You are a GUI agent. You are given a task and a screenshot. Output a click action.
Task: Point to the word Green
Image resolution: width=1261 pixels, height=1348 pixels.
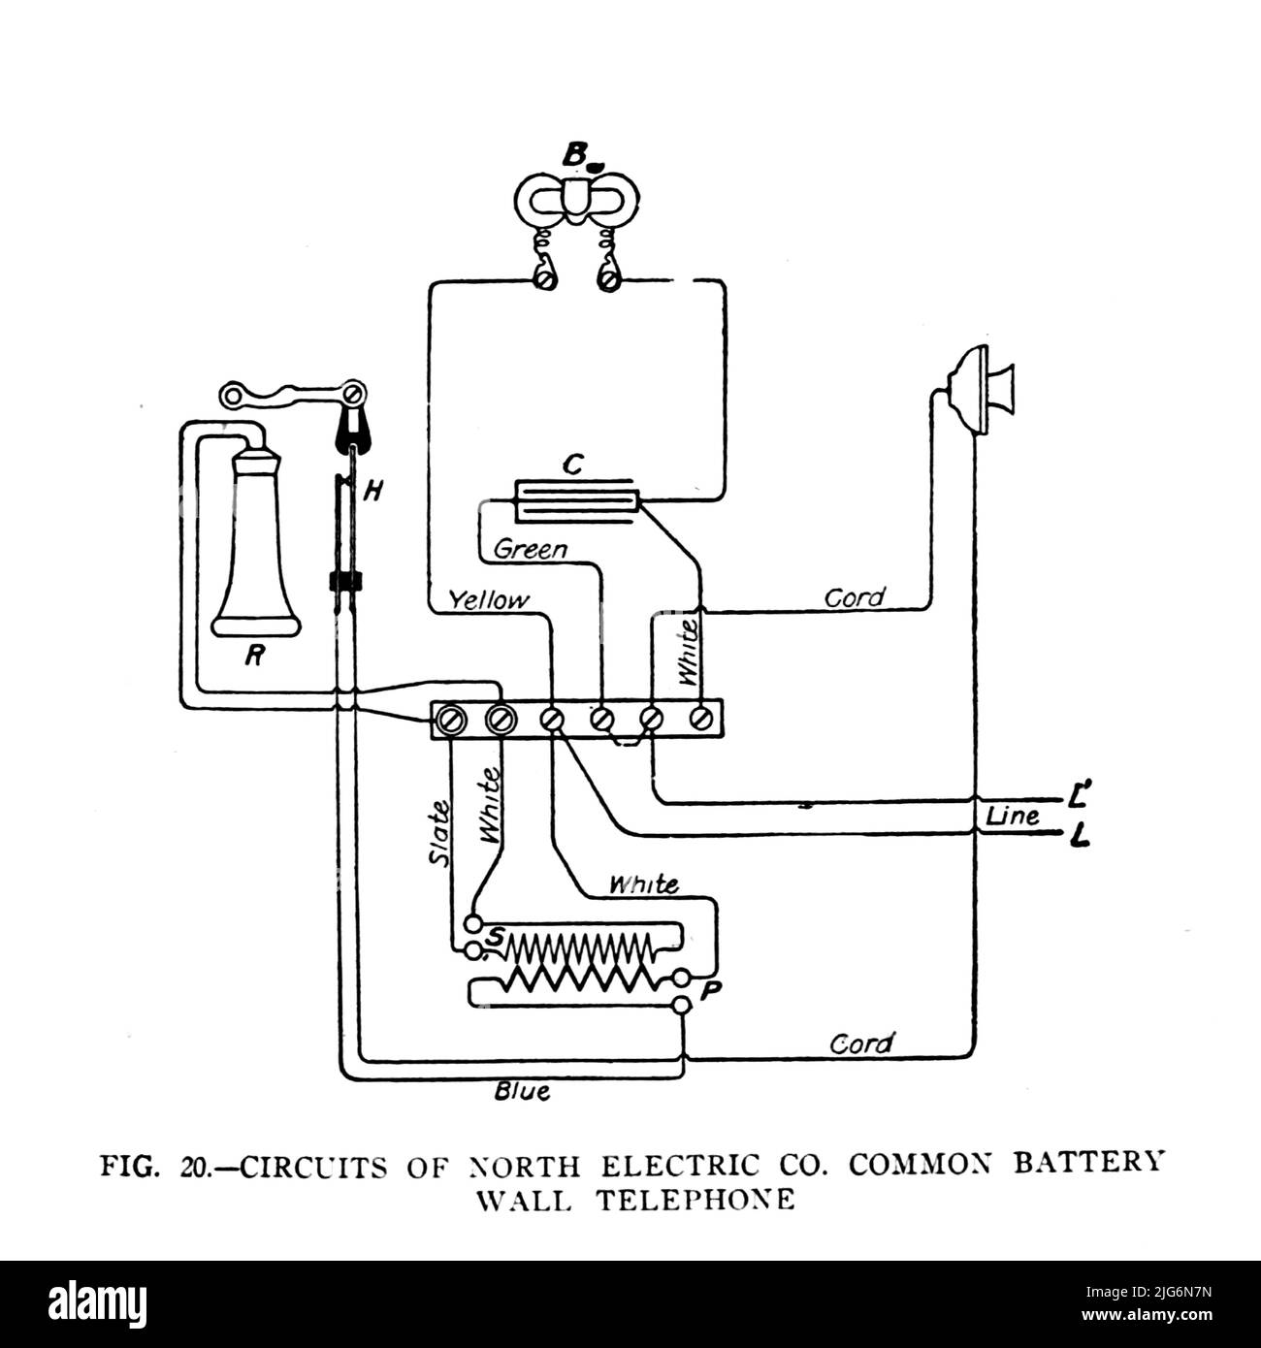(x=530, y=550)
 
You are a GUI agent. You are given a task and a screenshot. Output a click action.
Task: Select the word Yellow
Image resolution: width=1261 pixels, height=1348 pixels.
(x=490, y=601)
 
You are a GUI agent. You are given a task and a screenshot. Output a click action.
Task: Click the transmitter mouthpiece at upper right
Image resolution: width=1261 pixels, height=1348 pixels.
(x=992, y=391)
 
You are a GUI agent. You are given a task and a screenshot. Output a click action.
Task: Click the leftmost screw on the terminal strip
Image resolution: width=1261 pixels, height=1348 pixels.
(x=451, y=720)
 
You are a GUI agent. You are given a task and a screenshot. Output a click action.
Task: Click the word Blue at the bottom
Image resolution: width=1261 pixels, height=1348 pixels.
(x=522, y=1092)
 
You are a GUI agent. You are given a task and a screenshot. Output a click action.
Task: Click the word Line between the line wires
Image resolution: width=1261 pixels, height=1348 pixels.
(x=1013, y=817)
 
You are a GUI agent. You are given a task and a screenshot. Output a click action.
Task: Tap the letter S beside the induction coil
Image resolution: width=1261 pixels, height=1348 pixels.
(x=497, y=937)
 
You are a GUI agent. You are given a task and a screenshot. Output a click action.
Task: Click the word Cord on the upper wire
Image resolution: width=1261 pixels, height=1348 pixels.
(x=855, y=597)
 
